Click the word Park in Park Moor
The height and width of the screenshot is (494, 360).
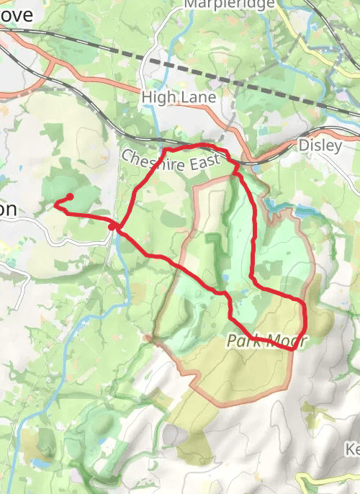coord(242,341)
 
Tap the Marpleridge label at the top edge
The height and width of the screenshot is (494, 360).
coord(229,4)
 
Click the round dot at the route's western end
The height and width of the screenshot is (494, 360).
coord(71,197)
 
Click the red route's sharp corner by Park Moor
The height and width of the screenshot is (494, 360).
coord(294,349)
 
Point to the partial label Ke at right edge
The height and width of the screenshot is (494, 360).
coord(352,449)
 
